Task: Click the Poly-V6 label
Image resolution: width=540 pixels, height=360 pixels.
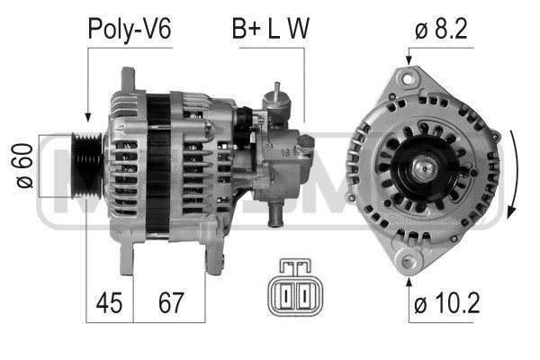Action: click(130, 30)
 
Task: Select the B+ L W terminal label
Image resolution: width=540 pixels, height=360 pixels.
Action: click(271, 29)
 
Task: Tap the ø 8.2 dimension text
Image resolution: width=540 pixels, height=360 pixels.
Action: click(441, 29)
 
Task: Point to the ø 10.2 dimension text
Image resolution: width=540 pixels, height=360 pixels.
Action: click(447, 303)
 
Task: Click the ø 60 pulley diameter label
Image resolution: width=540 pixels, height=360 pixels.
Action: click(25, 166)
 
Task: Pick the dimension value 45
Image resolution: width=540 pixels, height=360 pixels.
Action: click(109, 303)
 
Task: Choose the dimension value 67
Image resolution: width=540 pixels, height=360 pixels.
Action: click(171, 303)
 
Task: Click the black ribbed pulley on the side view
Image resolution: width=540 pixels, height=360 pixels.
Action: click(86, 166)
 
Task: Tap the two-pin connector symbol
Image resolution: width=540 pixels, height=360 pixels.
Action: click(296, 287)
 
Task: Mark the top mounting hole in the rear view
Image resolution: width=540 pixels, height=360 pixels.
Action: click(408, 79)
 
